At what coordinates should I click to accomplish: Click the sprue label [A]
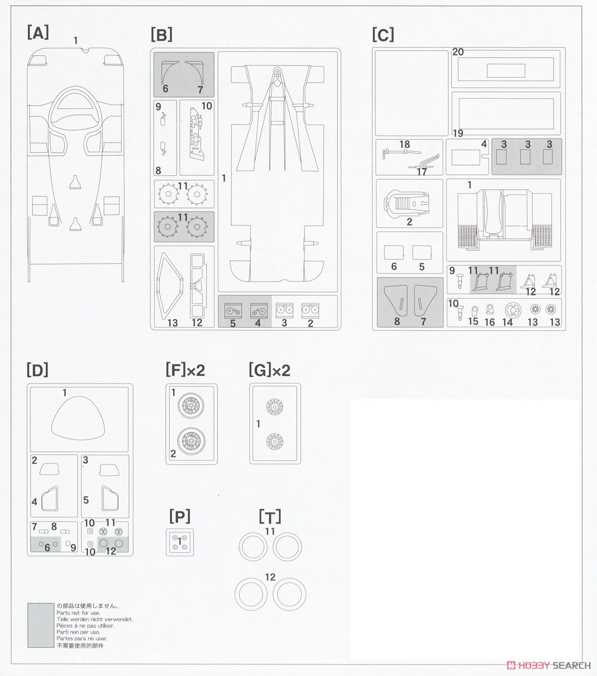pyautogui.click(x=38, y=33)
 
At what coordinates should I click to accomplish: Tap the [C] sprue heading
pyautogui.click(x=383, y=35)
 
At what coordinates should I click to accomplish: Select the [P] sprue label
pyautogui.click(x=180, y=517)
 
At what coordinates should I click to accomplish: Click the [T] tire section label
pyautogui.click(x=270, y=517)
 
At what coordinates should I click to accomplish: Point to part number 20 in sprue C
pyautogui.click(x=458, y=52)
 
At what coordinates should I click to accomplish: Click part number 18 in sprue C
pyautogui.click(x=404, y=144)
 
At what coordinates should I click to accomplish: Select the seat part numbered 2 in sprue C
pyautogui.click(x=406, y=203)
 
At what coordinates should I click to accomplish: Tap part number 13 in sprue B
pyautogui.click(x=173, y=323)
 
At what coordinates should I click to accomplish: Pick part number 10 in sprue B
pyautogui.click(x=207, y=106)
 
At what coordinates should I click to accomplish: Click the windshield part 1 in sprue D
pyautogui.click(x=78, y=418)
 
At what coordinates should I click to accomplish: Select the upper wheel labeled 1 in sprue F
pyautogui.click(x=191, y=406)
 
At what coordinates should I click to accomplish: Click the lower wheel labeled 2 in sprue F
pyautogui.click(x=191, y=441)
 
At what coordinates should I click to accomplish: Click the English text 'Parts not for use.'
pyautogui.click(x=78, y=613)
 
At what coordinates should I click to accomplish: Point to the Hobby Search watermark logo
pyautogui.click(x=549, y=666)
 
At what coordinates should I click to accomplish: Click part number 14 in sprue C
pyautogui.click(x=507, y=322)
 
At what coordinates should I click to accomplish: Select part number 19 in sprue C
pyautogui.click(x=458, y=133)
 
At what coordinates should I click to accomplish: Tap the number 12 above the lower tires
pyautogui.click(x=270, y=577)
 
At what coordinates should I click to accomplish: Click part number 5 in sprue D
pyautogui.click(x=86, y=500)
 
